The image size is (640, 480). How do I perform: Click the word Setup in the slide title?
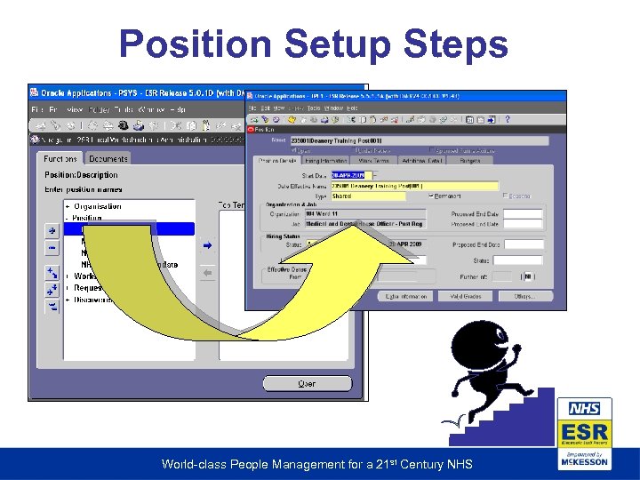(x=344, y=44)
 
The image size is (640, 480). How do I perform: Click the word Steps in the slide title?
(x=462, y=44)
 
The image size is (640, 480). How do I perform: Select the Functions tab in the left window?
(x=60, y=158)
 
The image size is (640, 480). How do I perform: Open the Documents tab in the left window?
(x=108, y=158)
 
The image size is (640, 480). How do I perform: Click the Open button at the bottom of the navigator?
(x=306, y=384)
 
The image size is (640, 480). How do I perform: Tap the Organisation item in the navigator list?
(x=97, y=206)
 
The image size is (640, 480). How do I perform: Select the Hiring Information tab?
(x=326, y=161)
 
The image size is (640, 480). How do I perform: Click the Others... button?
(x=524, y=296)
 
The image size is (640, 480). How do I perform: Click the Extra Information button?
(x=406, y=296)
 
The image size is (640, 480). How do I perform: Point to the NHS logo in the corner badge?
(x=585, y=409)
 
